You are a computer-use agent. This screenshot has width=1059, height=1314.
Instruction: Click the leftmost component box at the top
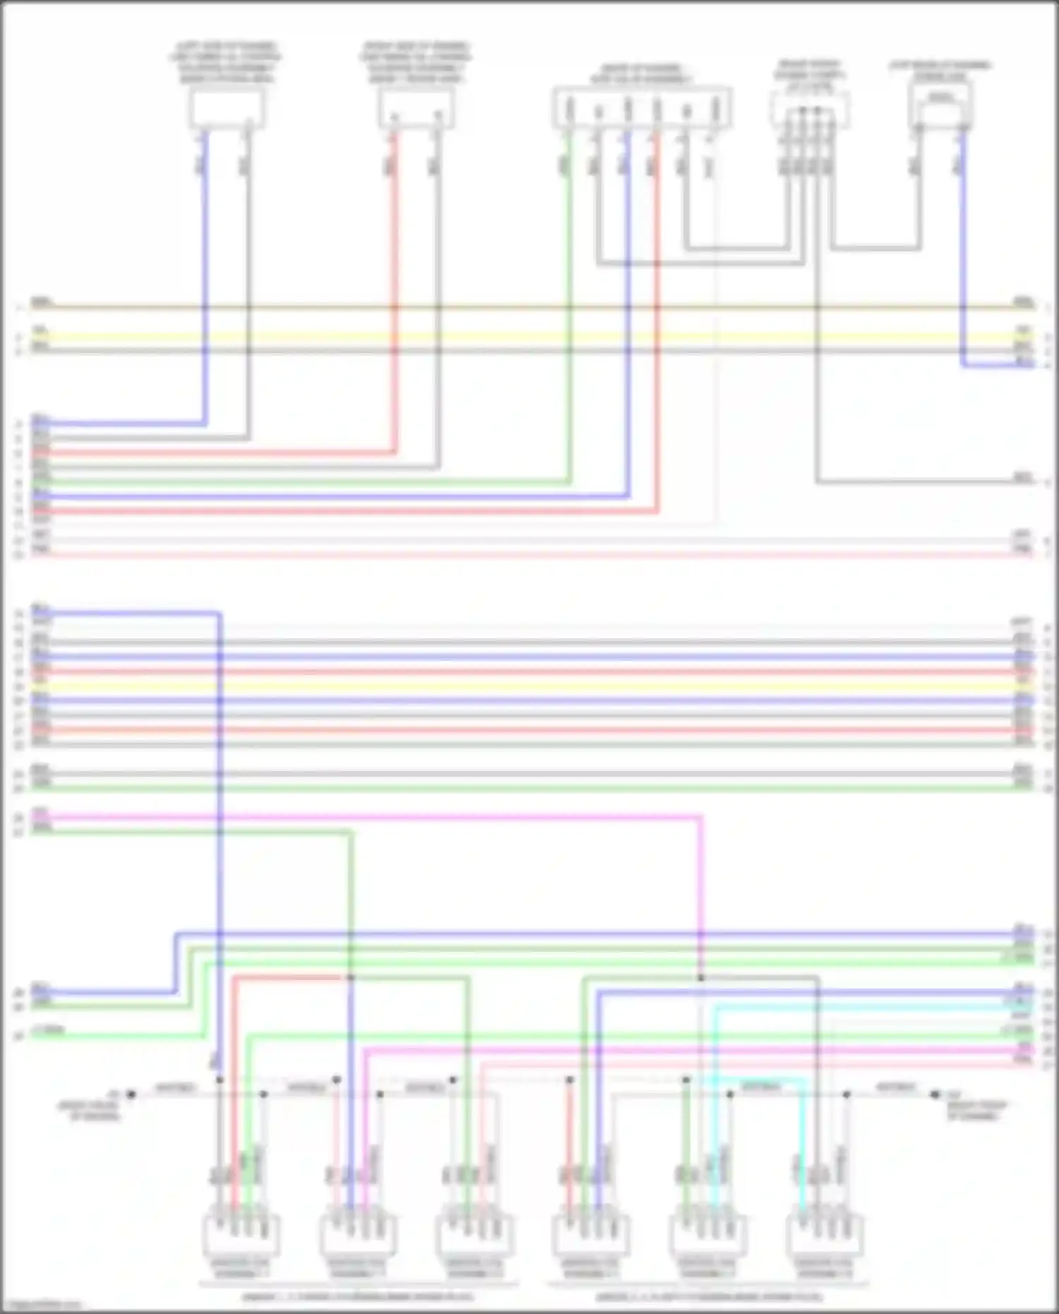227,109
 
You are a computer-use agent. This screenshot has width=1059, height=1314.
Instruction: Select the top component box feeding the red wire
416,110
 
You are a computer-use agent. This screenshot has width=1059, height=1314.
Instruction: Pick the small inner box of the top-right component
940,98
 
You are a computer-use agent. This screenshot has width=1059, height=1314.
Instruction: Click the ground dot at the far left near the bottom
131,1094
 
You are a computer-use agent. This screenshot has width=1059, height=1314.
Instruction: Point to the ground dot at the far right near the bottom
935,1094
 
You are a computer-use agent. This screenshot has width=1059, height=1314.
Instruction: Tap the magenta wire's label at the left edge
40,812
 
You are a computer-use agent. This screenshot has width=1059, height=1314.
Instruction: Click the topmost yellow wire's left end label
40,330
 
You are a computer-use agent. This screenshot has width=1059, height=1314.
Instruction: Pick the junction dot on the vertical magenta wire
701,978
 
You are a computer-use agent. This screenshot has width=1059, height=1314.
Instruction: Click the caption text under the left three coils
358,1297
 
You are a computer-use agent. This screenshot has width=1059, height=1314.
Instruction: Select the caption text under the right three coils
709,1297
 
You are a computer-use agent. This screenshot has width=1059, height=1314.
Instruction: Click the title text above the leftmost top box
226,63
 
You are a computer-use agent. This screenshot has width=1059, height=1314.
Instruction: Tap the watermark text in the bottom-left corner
41,1306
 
